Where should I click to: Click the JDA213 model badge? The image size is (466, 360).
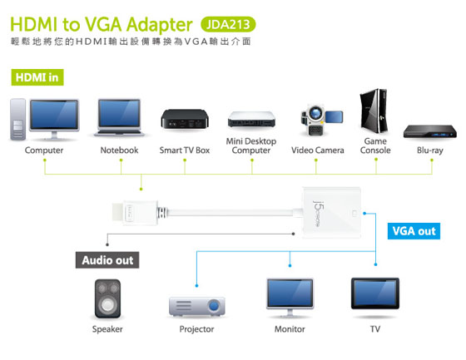(x=228, y=24)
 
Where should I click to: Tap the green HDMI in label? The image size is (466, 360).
(x=37, y=77)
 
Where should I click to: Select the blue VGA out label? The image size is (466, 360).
(x=414, y=231)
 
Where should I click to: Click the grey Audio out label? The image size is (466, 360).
(x=107, y=260)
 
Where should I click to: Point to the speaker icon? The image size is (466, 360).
(x=107, y=298)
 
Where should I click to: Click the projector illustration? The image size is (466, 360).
(x=196, y=306)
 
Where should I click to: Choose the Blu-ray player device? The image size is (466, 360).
(x=429, y=131)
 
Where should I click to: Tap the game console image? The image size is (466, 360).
(x=374, y=111)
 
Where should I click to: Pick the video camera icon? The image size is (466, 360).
(x=321, y=120)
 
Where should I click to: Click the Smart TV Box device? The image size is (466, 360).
(x=185, y=119)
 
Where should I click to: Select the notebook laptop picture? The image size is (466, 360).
(x=119, y=118)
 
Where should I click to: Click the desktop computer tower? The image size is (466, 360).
(x=17, y=120)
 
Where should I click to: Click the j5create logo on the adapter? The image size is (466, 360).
(x=317, y=214)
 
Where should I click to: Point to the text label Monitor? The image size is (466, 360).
(x=290, y=329)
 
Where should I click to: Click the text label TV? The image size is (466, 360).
(x=375, y=329)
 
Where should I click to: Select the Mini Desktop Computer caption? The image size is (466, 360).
(x=251, y=145)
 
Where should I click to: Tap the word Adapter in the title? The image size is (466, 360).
(x=160, y=25)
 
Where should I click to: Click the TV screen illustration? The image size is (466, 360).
(x=375, y=293)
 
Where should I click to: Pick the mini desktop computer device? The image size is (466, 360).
(x=251, y=120)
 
